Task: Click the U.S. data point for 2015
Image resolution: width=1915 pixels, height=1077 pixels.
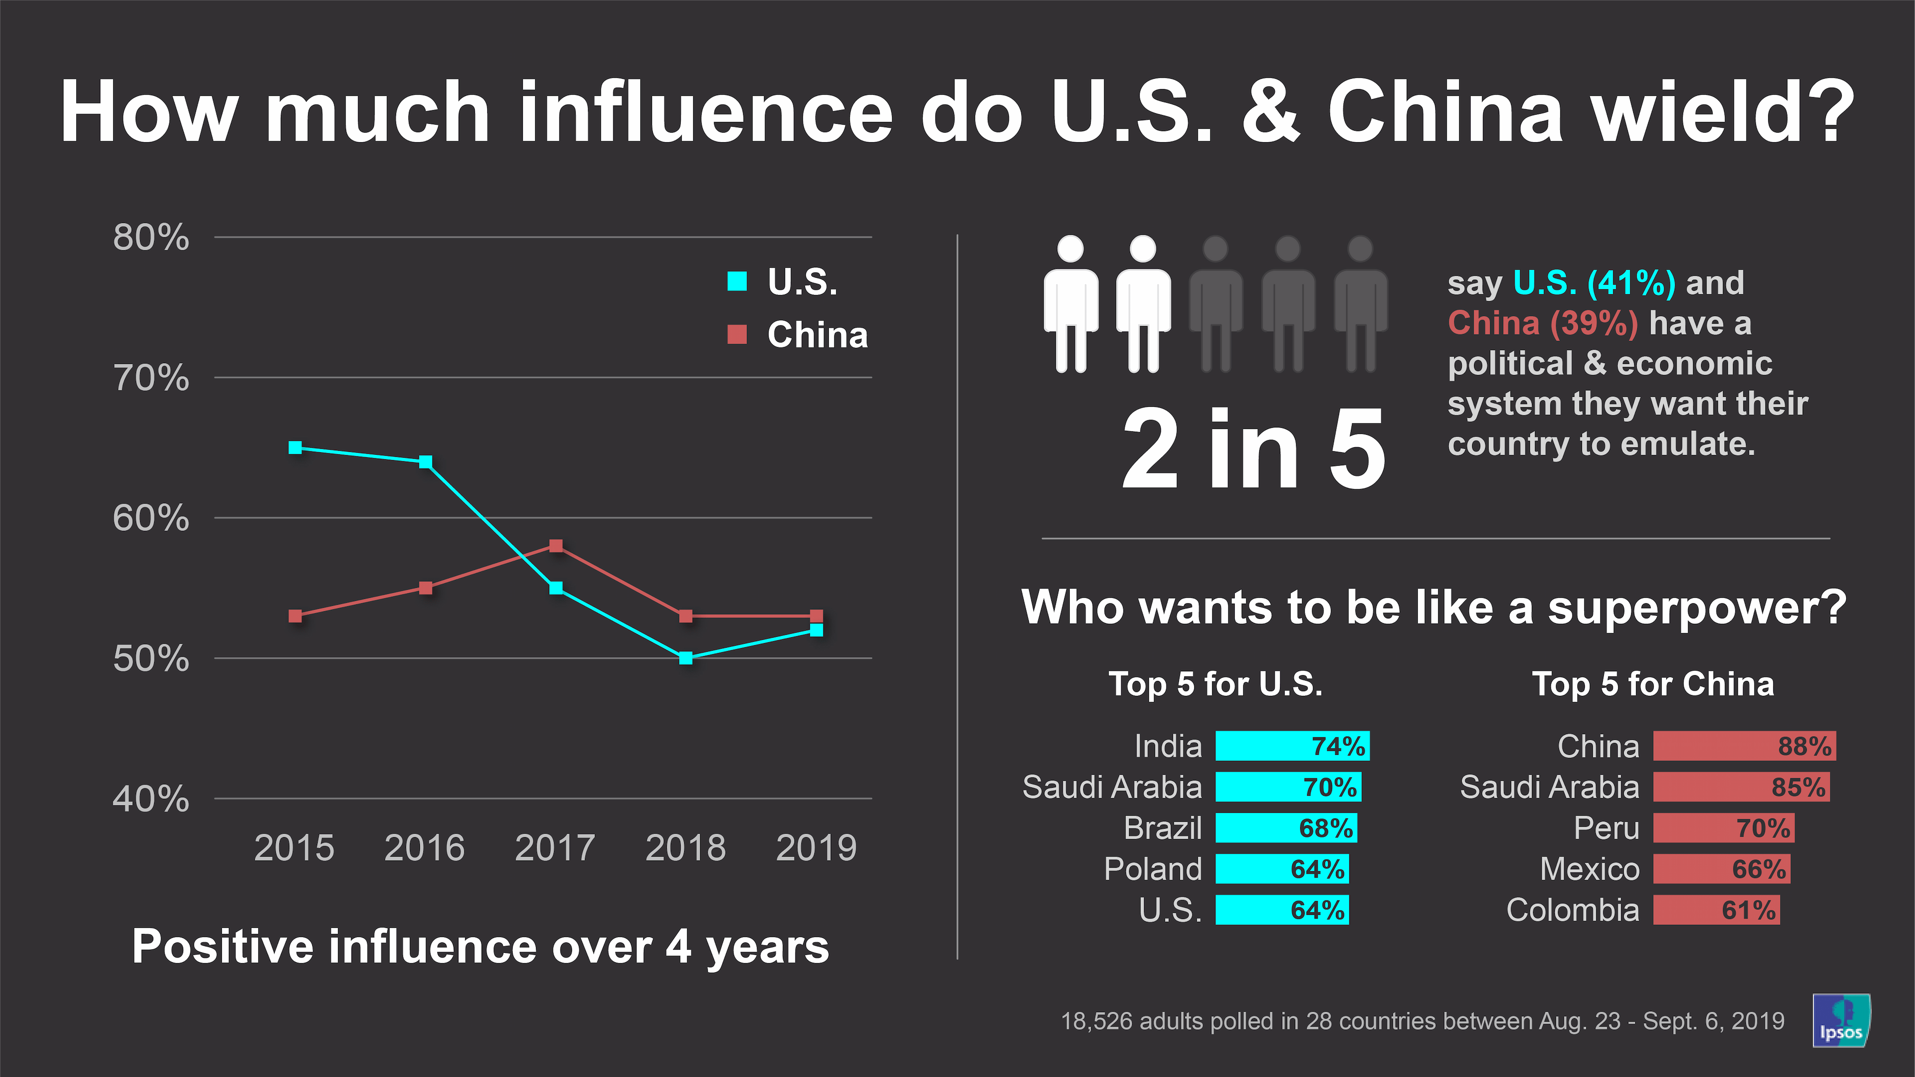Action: coord(295,447)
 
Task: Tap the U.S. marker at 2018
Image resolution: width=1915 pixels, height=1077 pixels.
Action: coord(685,658)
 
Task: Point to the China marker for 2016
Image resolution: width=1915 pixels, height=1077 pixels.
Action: coord(425,588)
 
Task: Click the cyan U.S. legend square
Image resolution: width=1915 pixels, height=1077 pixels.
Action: coord(737,281)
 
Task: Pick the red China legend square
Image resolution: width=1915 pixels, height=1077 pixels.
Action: coord(737,335)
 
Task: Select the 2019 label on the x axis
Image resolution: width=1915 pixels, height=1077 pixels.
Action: coord(815,848)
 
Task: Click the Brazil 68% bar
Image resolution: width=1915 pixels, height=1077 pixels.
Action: coord(1286,828)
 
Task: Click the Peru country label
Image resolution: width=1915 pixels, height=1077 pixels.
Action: coord(1606,828)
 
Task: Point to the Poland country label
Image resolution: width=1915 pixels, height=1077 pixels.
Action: coord(1152,869)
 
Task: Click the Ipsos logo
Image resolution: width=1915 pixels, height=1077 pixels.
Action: coord(1841,1021)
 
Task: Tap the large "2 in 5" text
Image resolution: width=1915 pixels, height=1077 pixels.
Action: coord(1253,450)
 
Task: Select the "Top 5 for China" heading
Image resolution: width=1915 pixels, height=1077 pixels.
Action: coord(1653,684)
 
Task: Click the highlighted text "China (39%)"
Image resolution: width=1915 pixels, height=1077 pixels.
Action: coord(1542,323)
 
